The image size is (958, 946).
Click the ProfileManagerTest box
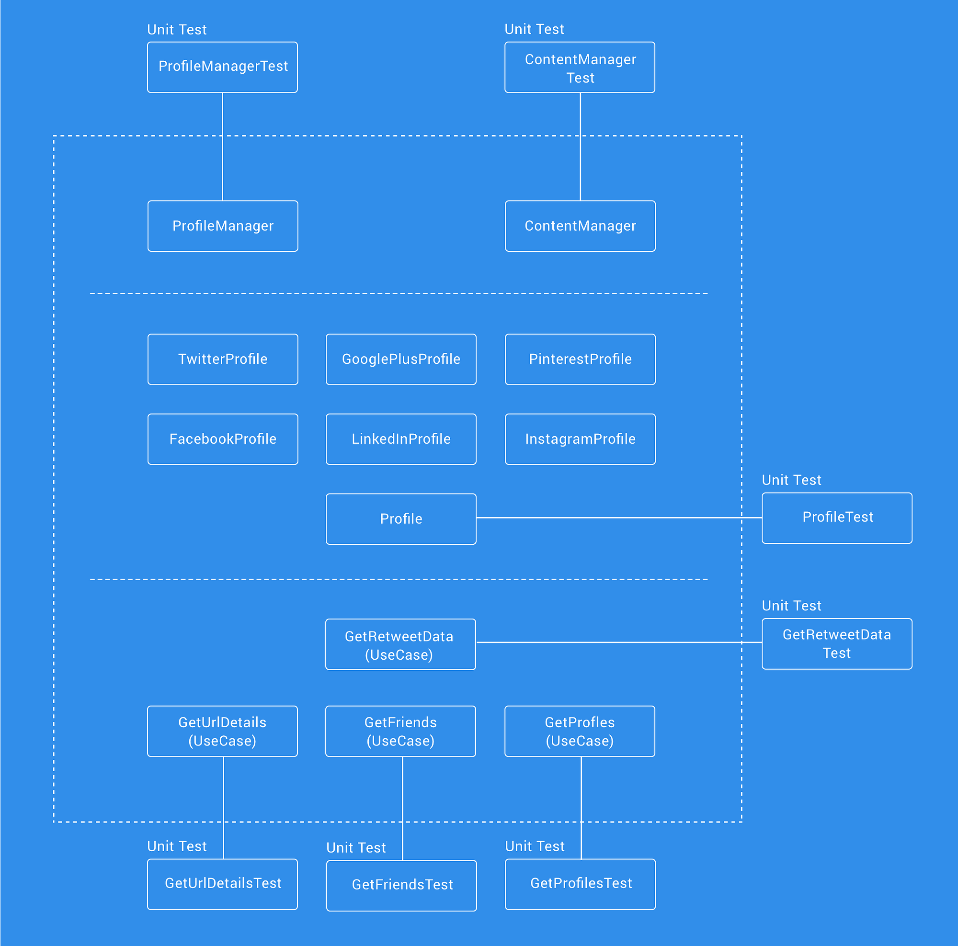coord(222,67)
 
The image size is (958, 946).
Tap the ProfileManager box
coord(223,226)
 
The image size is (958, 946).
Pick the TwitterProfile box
coord(223,359)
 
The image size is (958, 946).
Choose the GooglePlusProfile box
coord(400,359)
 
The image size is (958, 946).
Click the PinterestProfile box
coord(580,359)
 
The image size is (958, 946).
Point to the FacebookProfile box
coord(223,439)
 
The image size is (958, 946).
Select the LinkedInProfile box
coord(400,439)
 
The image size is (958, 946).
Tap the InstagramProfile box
coord(580,439)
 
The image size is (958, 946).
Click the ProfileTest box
coord(836,518)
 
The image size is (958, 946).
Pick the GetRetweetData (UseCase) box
coord(400,644)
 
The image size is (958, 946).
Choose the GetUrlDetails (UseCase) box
coord(222,732)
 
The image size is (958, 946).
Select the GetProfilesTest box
coord(580,884)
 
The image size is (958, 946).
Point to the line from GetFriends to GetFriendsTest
coord(402,808)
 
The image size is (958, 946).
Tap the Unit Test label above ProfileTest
coord(791,480)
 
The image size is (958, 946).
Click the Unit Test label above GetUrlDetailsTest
coord(177,846)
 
